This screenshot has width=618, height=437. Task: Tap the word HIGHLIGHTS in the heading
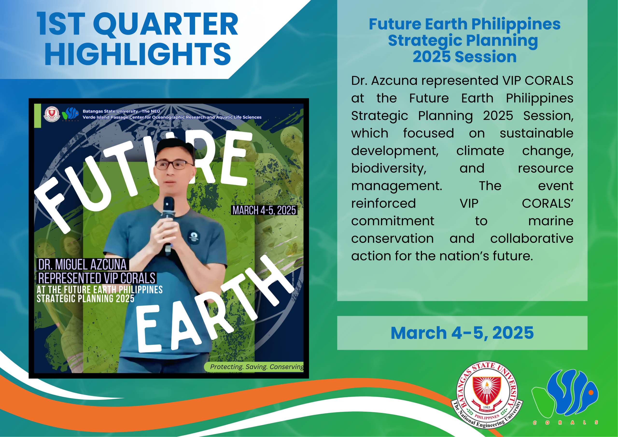coord(138,54)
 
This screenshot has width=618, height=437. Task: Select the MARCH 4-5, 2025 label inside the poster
coord(264,210)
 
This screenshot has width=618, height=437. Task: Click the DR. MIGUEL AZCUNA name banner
coord(82,264)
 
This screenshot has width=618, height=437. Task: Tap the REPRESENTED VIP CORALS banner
coord(97,278)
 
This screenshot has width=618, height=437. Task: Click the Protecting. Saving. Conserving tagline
coord(257,367)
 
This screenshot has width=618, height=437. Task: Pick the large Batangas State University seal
coord(487,395)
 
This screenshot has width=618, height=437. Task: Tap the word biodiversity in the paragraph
coord(389,169)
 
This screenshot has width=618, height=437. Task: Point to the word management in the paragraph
coord(396,186)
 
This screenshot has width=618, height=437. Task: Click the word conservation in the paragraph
coord(392,239)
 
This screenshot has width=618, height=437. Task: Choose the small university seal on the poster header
coord(52,114)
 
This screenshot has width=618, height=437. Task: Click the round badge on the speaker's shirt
coord(194,237)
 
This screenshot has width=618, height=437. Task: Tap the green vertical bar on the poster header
coord(38,116)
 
